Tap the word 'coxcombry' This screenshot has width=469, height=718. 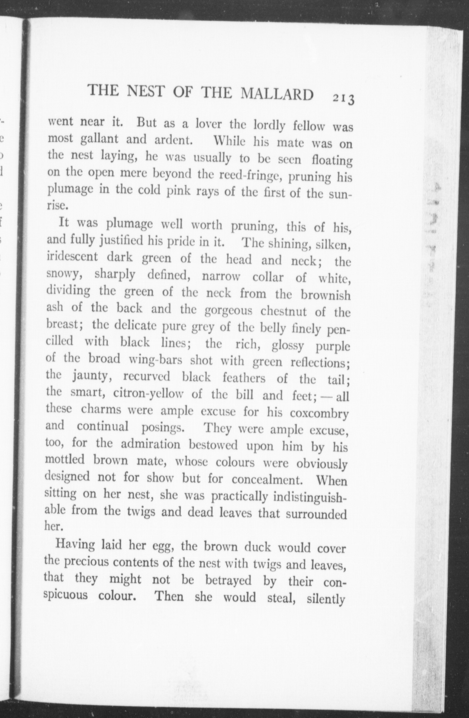click(x=319, y=413)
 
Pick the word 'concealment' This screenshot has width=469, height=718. click(x=273, y=478)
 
